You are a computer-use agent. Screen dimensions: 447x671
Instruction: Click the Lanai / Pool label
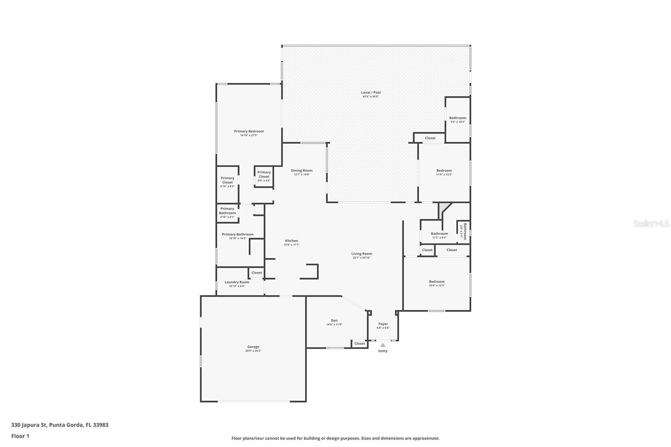371,92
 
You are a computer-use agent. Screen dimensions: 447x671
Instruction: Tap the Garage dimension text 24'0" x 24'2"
253,351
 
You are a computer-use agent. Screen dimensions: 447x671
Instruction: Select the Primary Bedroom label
249,131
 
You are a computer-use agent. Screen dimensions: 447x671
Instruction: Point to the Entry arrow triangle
382,345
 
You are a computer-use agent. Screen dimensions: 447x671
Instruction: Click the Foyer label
383,324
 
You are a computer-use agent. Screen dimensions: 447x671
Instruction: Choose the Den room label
334,320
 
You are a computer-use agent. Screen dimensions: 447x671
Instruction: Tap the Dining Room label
302,170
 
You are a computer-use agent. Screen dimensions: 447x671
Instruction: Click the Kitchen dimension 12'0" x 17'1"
291,245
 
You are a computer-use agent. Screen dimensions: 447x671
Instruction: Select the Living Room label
362,253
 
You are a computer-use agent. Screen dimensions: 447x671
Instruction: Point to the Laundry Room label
237,282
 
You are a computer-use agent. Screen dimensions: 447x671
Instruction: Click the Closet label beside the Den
359,343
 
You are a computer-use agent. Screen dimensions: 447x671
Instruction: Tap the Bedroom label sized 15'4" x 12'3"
437,281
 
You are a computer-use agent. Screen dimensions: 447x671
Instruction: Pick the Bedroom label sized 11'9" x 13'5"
444,170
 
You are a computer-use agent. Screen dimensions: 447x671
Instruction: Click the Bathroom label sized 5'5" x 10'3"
458,118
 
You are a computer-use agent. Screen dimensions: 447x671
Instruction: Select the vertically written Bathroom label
465,231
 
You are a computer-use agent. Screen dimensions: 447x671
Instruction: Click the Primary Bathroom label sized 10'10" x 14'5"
237,234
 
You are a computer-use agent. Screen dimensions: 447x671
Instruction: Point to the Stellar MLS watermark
651,224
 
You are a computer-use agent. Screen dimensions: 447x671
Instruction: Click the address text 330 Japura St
29,425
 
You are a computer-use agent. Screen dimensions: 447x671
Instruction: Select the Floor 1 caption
20,436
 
